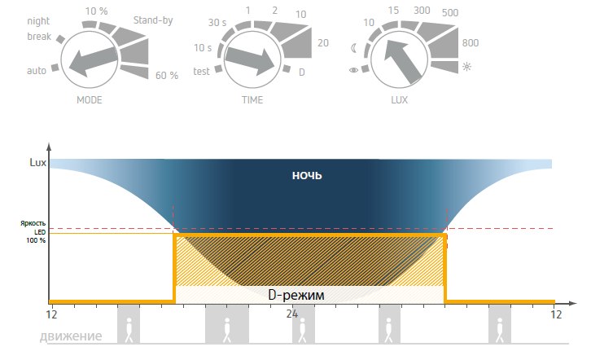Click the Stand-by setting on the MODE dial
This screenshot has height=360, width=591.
153,20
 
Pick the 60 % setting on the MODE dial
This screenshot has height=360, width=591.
166,76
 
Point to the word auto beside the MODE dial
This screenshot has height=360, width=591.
37,71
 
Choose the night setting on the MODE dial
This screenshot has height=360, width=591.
39,21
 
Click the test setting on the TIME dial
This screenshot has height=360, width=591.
201,71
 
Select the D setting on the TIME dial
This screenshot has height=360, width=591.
302,72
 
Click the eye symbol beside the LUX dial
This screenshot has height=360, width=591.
352,71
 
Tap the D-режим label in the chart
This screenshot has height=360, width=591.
296,296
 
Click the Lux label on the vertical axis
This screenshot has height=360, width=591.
37,162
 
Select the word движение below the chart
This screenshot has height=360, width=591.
71,336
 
